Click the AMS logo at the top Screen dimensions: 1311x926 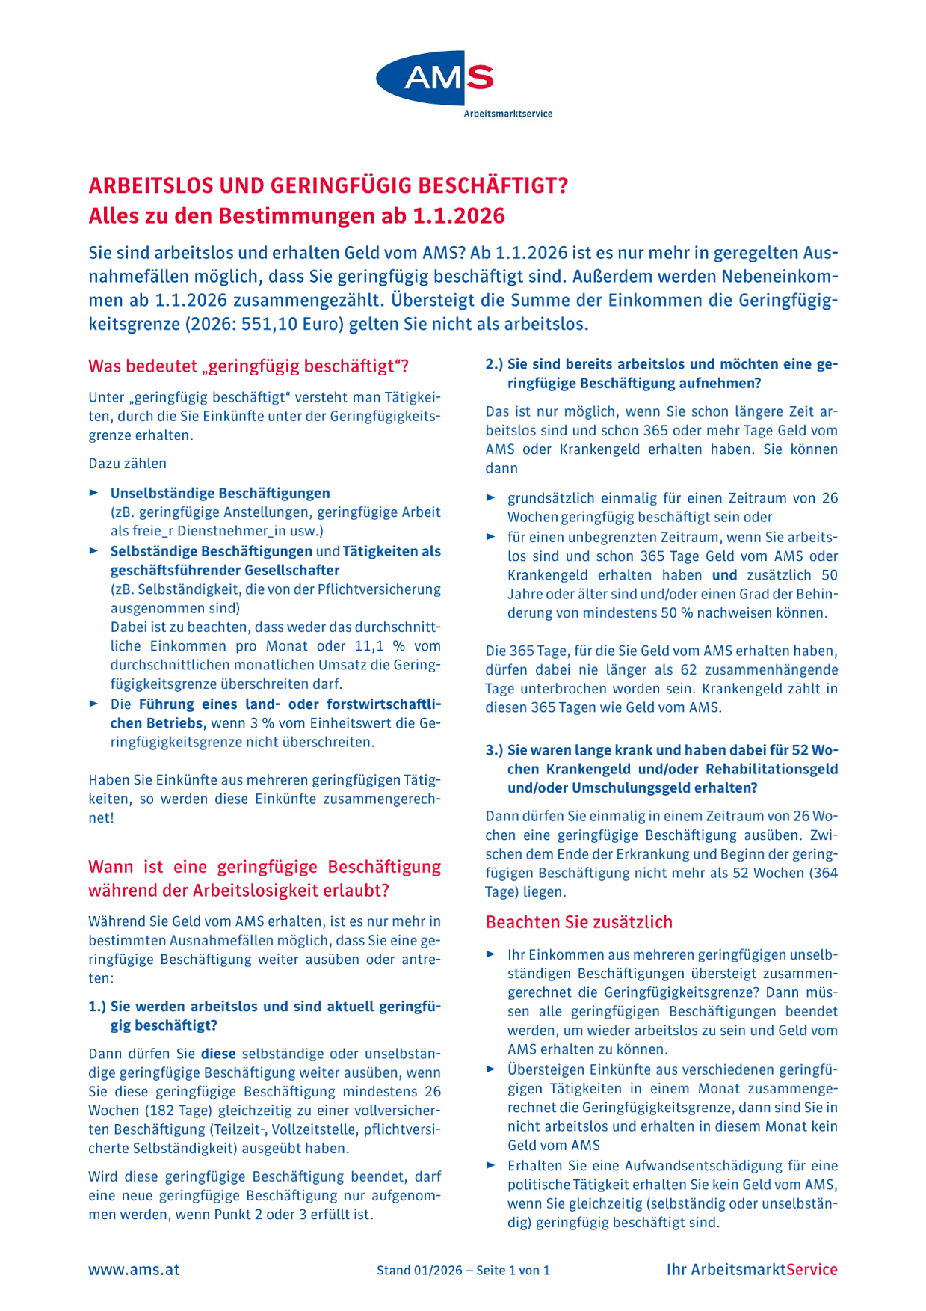coord(435,78)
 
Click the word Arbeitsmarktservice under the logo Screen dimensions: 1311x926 coord(507,114)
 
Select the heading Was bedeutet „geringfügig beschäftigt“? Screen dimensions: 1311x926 coord(249,366)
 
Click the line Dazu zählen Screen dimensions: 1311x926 coord(128,464)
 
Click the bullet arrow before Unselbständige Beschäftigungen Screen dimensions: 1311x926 coord(94,493)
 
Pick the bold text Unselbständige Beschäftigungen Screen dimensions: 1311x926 coord(220,494)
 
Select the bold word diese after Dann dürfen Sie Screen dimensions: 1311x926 coord(218,1054)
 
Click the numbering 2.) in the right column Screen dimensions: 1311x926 coord(494,364)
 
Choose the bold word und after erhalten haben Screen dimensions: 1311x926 coord(724,575)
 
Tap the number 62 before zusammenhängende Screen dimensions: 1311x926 coord(688,669)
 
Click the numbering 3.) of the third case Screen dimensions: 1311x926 coord(494,750)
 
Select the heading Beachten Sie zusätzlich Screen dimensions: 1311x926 coord(579,922)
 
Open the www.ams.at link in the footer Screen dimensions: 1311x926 coord(134,1269)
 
